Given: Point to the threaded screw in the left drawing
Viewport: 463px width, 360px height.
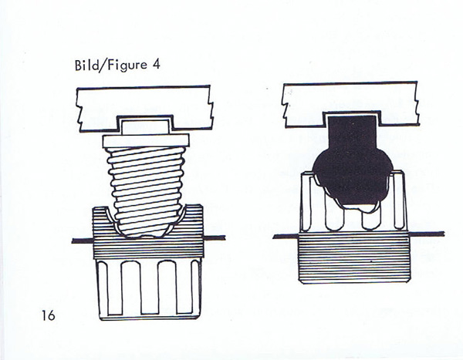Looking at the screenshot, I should (x=147, y=185).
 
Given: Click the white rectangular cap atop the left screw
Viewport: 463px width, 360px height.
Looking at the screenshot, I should (x=146, y=126).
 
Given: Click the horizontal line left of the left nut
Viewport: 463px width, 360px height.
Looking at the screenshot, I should (x=81, y=241).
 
